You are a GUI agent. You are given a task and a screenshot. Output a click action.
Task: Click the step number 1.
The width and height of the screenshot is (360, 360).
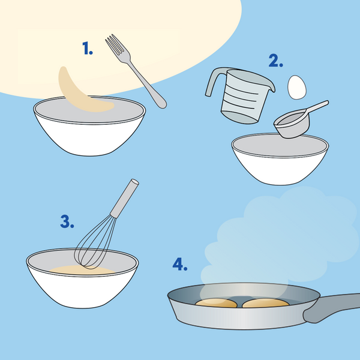88,48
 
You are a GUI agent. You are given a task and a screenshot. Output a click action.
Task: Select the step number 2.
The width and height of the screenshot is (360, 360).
276,61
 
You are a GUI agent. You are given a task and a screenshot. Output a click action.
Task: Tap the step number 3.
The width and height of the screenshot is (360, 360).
67,221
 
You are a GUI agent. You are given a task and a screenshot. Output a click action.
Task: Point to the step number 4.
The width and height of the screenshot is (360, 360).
180,264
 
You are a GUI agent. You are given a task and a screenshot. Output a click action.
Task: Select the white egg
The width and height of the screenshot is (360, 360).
297,87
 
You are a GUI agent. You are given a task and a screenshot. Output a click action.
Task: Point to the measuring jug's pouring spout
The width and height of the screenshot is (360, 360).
271,86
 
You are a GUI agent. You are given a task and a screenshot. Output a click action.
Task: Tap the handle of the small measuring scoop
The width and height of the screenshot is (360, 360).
318,107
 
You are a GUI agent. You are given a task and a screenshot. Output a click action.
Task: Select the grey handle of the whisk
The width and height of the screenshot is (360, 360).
124,199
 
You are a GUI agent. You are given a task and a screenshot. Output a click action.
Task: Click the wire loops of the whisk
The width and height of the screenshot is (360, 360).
95,244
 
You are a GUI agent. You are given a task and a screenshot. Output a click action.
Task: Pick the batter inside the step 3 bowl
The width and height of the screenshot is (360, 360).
82,270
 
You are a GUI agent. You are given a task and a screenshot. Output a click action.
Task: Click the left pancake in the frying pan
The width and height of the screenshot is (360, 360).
216,303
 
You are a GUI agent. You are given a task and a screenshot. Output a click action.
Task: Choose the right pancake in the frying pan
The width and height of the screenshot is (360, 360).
266,303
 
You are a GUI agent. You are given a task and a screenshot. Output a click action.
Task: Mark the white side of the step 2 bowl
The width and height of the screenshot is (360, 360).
280,170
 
